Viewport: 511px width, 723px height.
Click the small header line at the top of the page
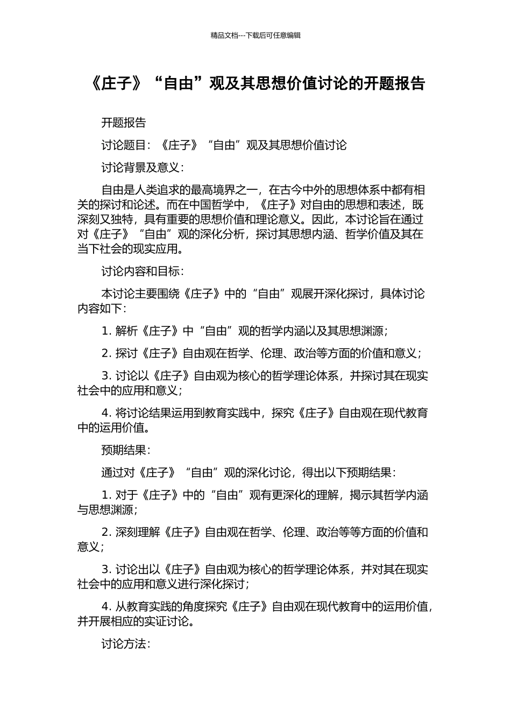click(x=256, y=36)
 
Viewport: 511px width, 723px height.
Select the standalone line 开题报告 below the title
click(x=124, y=123)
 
